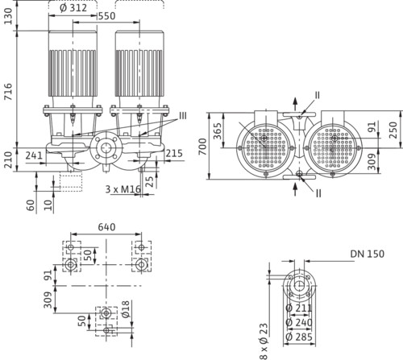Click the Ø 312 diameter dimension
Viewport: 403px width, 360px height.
[73, 8]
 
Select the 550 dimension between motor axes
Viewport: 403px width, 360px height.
[107, 16]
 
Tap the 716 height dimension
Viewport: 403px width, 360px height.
[8, 92]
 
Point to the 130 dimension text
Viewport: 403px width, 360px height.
[8, 16]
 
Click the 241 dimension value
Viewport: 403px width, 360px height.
[34, 155]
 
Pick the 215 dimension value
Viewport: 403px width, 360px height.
[174, 153]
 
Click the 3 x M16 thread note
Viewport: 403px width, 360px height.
[123, 189]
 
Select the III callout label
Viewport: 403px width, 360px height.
[183, 116]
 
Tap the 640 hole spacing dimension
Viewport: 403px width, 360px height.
[106, 227]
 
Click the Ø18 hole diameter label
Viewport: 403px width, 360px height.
[126, 309]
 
